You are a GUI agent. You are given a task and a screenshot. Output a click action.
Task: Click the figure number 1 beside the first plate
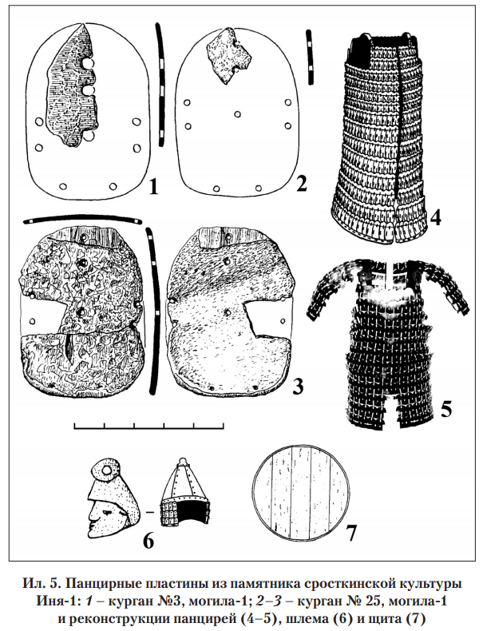[x=152, y=187]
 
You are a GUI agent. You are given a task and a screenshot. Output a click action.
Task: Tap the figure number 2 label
[x=301, y=184]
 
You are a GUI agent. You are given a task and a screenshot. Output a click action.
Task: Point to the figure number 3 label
[x=298, y=387]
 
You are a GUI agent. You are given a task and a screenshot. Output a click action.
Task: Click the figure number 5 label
[x=445, y=409]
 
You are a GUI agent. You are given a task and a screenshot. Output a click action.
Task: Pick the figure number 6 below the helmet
[x=148, y=542]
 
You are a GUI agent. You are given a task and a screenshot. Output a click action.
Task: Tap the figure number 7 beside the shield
[x=350, y=534]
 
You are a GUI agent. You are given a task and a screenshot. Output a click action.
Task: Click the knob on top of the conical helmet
[x=182, y=461]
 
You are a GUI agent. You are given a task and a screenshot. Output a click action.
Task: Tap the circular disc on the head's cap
[x=108, y=469]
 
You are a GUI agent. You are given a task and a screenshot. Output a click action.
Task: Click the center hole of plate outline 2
[x=238, y=114]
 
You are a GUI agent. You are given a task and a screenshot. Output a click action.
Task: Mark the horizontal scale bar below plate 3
[x=148, y=426]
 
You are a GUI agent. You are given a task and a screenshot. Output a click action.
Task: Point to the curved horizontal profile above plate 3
[x=82, y=219]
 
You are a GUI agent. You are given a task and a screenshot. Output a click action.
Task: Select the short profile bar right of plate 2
[x=310, y=57]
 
